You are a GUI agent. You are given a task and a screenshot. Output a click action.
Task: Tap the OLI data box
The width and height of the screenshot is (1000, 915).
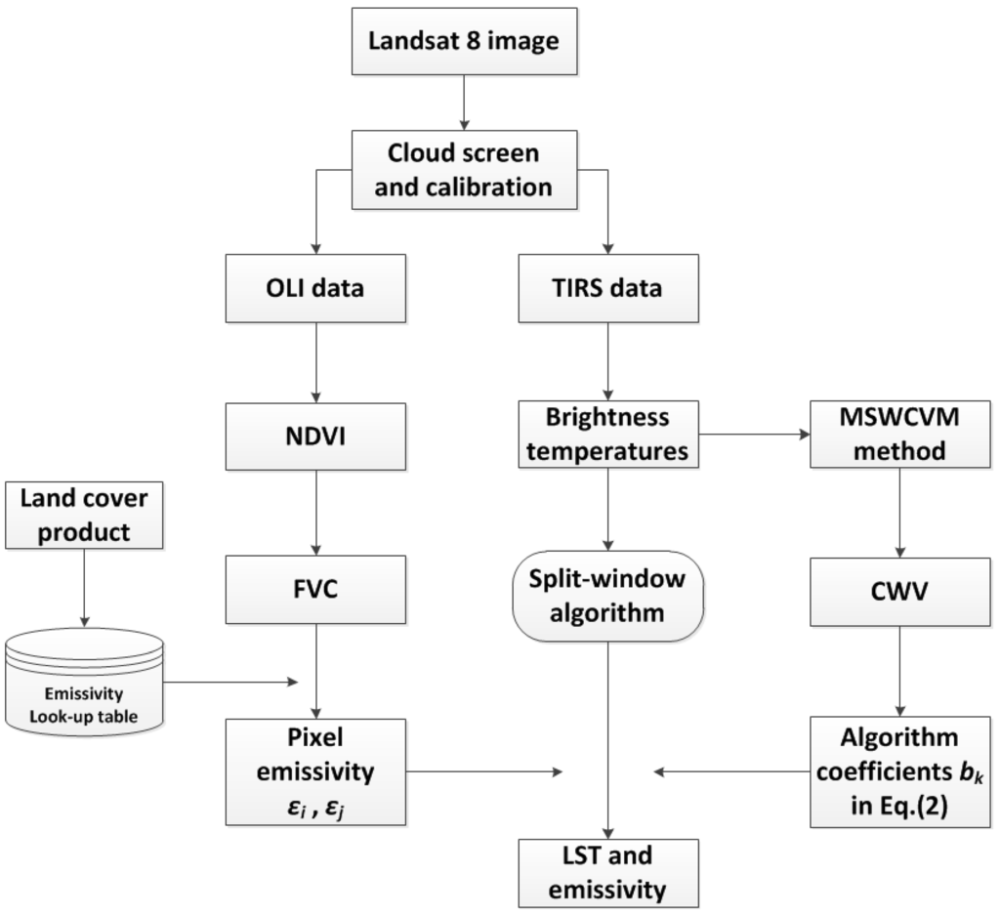(x=315, y=288)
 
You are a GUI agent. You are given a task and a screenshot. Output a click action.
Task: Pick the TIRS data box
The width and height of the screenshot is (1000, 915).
(x=609, y=288)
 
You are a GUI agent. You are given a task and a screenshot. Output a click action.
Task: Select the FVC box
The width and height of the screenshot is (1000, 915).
(x=315, y=589)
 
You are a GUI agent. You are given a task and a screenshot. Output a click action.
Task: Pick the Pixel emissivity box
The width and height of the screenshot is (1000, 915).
(x=315, y=771)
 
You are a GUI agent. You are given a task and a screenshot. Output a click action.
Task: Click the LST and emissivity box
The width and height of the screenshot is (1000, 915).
(x=609, y=873)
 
